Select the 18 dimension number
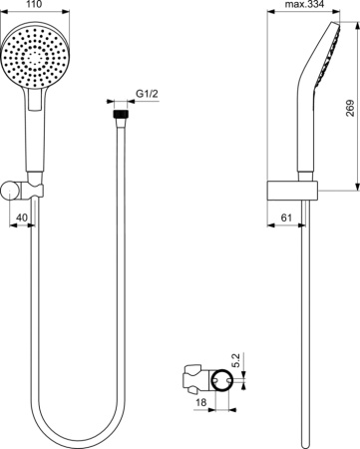(200, 403)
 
